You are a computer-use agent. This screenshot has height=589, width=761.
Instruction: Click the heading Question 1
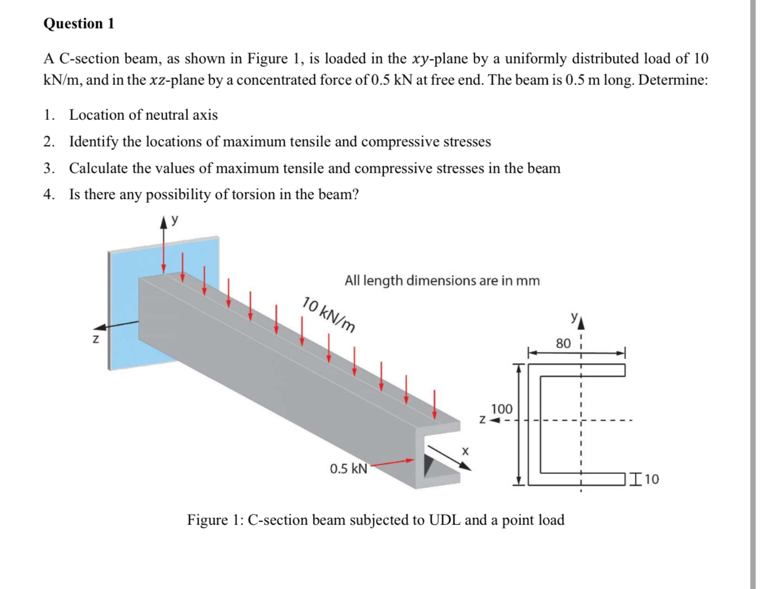click(79, 24)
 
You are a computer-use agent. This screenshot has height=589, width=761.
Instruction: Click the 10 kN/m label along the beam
click(330, 314)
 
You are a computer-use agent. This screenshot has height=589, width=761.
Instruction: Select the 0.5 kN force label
click(348, 469)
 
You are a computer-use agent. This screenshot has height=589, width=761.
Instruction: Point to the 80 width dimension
click(563, 343)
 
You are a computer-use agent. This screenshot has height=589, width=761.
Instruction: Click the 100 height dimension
click(501, 409)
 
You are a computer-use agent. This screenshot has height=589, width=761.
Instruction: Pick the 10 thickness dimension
click(651, 479)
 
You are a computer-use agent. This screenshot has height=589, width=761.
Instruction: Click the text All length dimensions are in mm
click(442, 281)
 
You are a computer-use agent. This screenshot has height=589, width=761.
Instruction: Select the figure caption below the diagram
click(376, 520)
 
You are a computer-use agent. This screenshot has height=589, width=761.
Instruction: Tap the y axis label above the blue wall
click(175, 220)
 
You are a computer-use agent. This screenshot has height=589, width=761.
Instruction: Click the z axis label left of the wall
click(94, 340)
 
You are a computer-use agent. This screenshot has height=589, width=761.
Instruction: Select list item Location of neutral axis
click(143, 115)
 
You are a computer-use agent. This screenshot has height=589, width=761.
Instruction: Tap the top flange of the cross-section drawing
click(578, 370)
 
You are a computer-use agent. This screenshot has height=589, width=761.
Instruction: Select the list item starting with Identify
click(280, 142)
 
